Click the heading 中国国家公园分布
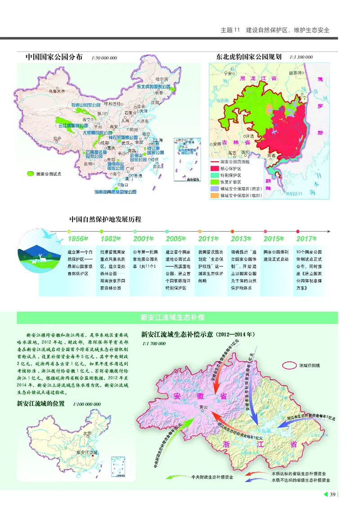tap(54, 57)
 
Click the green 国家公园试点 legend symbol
tap(30, 172)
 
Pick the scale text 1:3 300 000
tap(301, 58)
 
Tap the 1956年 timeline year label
tap(78, 238)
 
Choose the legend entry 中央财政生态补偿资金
tap(212, 476)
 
